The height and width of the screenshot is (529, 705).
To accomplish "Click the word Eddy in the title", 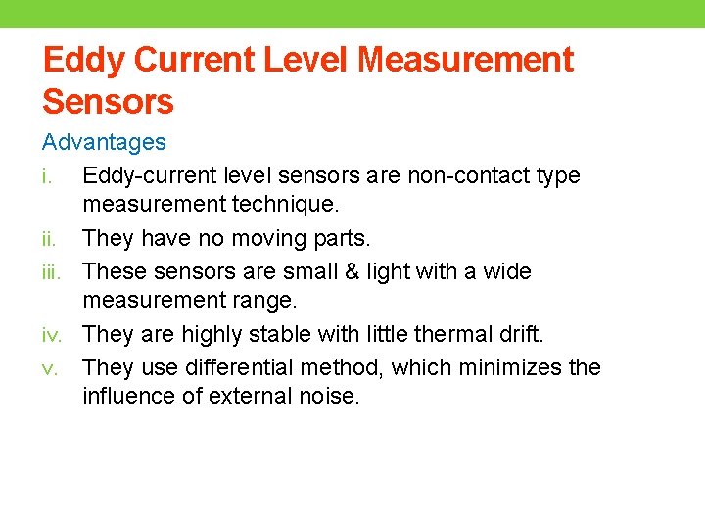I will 83,60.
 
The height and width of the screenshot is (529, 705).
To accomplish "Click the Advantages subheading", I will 104,142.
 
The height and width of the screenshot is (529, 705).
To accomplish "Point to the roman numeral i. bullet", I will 50,176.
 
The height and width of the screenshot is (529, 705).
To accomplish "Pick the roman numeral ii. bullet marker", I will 52,238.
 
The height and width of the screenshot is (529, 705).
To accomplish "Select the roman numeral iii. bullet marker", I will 54,270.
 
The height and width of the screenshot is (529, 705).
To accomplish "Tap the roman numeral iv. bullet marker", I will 54,334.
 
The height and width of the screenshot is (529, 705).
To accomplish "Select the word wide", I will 505,270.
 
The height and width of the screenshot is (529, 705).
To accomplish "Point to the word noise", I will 334,397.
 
